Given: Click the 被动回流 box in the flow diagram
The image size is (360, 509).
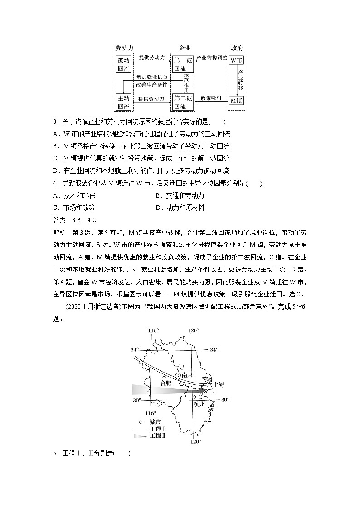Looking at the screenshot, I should coord(123,64).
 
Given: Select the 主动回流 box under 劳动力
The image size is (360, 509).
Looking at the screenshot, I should coord(123,102).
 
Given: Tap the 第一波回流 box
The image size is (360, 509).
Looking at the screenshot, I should coord(183,64).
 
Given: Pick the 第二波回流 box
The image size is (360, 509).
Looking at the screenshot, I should coord(183,102).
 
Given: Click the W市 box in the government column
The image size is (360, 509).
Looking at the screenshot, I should coord(236,60).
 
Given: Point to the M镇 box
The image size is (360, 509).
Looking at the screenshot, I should coord(236,101).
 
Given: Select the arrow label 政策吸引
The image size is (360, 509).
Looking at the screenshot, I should coord(211,98).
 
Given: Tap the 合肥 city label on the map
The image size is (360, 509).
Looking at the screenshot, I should coord(166,383).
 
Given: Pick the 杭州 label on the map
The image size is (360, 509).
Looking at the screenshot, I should coord(199,403).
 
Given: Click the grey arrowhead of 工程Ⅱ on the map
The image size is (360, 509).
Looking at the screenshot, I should coord(199,389).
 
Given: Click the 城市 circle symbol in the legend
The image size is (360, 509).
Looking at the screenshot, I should coord(136,422).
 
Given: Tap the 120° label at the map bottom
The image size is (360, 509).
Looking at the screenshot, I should coord(195,441).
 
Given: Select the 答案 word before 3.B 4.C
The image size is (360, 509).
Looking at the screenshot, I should coord(59,220).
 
